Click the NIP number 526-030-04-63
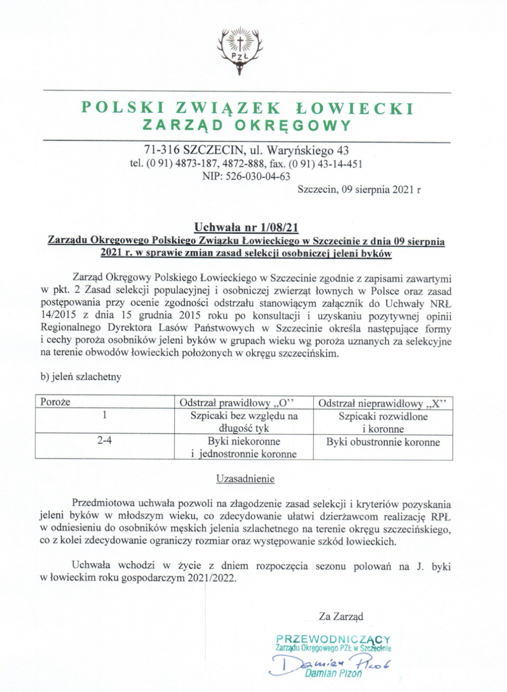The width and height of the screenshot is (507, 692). click(x=260, y=176)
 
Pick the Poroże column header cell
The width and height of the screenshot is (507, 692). click(x=56, y=402)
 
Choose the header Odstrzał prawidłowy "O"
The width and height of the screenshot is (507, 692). click(x=236, y=403)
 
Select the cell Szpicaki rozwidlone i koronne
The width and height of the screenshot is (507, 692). click(x=383, y=422)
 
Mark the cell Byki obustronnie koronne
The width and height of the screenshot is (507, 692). click(x=383, y=442)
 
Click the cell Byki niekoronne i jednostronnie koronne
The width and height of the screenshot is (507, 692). click(x=244, y=447)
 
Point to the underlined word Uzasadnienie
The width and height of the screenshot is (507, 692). click(x=245, y=479)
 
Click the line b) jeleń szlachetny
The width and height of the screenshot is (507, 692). click(x=81, y=377)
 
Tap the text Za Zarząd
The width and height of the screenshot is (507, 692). click(x=341, y=617)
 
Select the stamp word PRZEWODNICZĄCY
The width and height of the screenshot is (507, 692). click(x=334, y=639)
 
